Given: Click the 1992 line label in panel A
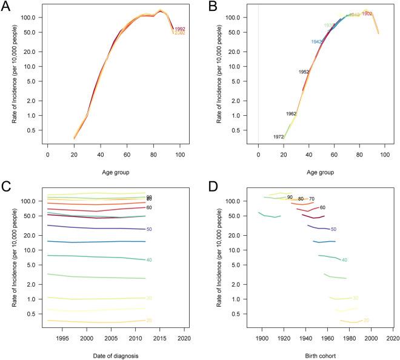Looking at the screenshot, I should [179, 28].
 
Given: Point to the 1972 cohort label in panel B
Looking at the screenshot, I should [279, 137].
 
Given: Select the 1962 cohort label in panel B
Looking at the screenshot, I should [292, 113].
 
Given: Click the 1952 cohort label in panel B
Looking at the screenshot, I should [304, 72].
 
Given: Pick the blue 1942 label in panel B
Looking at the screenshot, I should [316, 41].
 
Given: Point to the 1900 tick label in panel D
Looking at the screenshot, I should [262, 337].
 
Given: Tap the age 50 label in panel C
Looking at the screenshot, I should [148, 229].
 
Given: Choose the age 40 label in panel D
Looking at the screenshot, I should [344, 260].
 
